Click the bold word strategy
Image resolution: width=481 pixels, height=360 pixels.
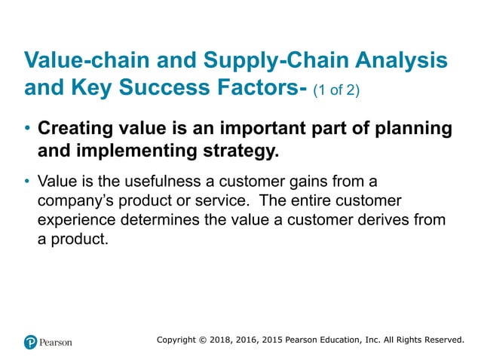click(241, 151)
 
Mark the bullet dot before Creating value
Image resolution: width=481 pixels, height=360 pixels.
click(28, 129)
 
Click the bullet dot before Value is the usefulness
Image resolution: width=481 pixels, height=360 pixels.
click(28, 182)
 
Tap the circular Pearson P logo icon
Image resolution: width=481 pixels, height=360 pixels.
click(31, 342)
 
